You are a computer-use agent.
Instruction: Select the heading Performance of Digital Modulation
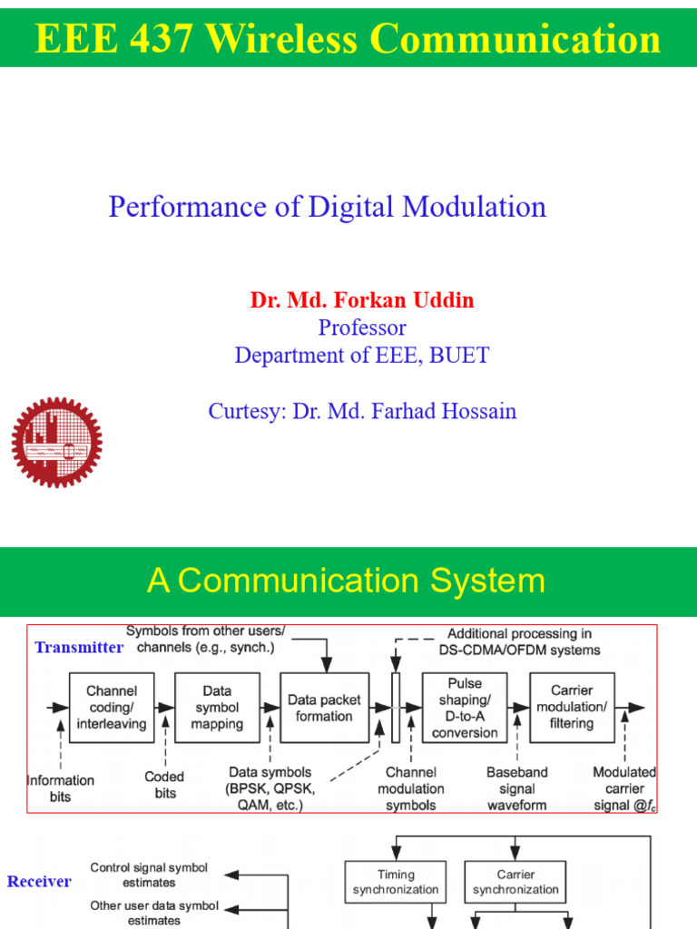(327, 207)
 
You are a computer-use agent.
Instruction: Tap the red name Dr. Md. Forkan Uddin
(362, 300)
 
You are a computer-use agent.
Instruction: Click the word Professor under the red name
(362, 328)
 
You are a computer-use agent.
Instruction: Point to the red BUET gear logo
(56, 442)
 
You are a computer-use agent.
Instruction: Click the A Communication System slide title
(346, 581)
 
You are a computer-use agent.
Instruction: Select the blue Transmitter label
(78, 648)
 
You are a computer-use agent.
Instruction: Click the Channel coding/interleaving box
(112, 708)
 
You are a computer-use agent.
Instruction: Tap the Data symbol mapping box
(217, 708)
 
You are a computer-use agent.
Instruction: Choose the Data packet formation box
(324, 708)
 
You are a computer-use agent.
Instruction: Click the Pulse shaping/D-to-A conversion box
(465, 708)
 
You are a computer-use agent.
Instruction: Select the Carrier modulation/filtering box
(571, 708)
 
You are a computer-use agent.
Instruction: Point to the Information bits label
(61, 787)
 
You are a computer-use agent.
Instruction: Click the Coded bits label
(164, 785)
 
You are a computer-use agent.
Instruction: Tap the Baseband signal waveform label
(517, 788)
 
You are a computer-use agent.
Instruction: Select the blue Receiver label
(39, 882)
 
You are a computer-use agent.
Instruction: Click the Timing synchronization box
(396, 882)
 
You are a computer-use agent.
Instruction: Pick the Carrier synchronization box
(515, 882)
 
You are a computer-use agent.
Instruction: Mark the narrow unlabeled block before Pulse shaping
(396, 708)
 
